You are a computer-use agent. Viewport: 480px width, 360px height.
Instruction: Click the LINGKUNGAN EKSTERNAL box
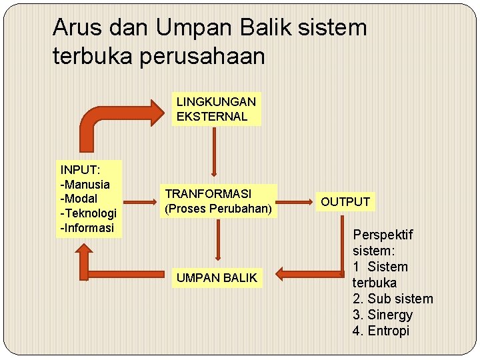pos(216,109)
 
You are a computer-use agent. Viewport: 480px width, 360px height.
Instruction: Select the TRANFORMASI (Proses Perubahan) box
pos(219,201)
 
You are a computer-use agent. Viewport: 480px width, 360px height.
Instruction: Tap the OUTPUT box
pos(345,201)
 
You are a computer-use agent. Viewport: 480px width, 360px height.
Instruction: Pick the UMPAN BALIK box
pos(216,278)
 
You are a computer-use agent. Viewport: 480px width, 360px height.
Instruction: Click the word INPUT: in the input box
pos(80,169)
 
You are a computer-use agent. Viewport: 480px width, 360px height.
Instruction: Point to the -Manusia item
pos(85,184)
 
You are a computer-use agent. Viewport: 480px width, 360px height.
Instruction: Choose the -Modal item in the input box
pos(79,199)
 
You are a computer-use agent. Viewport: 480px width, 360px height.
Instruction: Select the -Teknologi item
pos(89,213)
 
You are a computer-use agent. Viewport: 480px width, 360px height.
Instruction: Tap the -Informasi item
pos(87,228)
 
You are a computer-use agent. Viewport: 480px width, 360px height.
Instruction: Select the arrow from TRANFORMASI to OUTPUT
pos(296,201)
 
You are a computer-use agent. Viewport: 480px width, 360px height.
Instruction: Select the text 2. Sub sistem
pos(393,299)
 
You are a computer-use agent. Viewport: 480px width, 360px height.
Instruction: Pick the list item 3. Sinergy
pos(383,315)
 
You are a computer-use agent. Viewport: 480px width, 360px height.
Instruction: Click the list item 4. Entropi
pos(381,331)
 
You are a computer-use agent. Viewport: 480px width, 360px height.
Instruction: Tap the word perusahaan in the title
pos(212,57)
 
